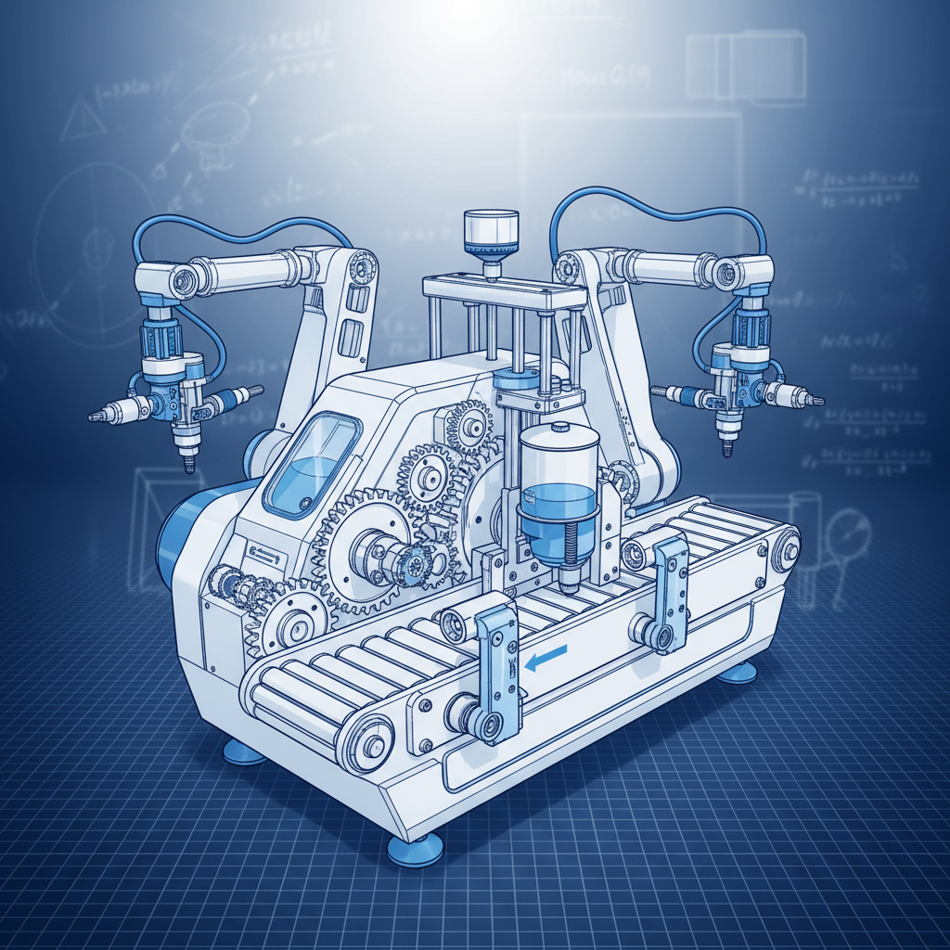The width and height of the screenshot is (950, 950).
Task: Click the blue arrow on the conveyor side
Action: click(546, 658)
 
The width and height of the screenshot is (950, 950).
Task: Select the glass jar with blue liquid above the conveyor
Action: click(558, 495)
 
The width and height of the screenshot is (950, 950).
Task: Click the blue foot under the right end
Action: click(738, 671)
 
